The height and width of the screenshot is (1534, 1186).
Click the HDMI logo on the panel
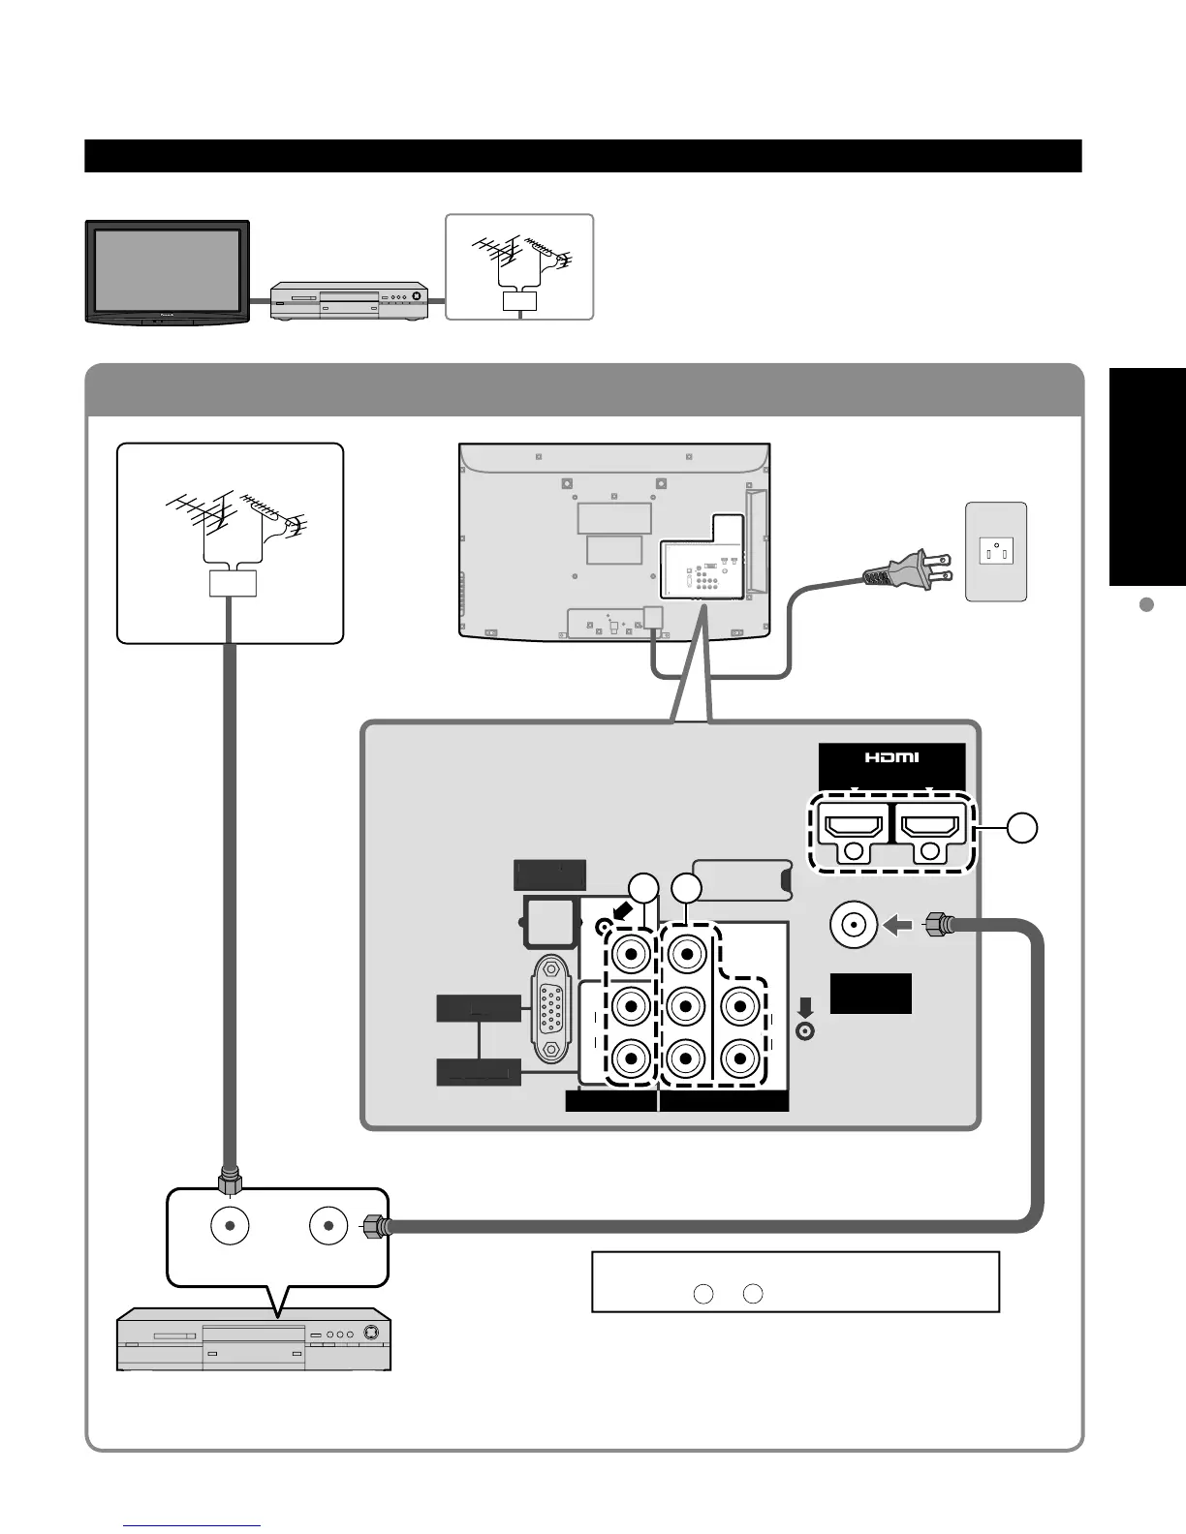tap(891, 757)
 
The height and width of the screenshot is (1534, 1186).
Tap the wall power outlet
tap(996, 553)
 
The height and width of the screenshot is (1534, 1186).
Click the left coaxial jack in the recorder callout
tap(231, 1225)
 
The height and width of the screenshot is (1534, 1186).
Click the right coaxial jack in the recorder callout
tap(329, 1225)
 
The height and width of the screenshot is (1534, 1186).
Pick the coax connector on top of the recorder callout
tap(231, 1181)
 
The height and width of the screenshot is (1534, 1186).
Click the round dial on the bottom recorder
tap(368, 1333)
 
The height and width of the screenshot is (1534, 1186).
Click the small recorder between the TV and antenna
tap(349, 300)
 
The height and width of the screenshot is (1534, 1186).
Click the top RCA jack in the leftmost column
tap(631, 955)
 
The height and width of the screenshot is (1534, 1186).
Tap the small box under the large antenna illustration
tap(233, 584)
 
